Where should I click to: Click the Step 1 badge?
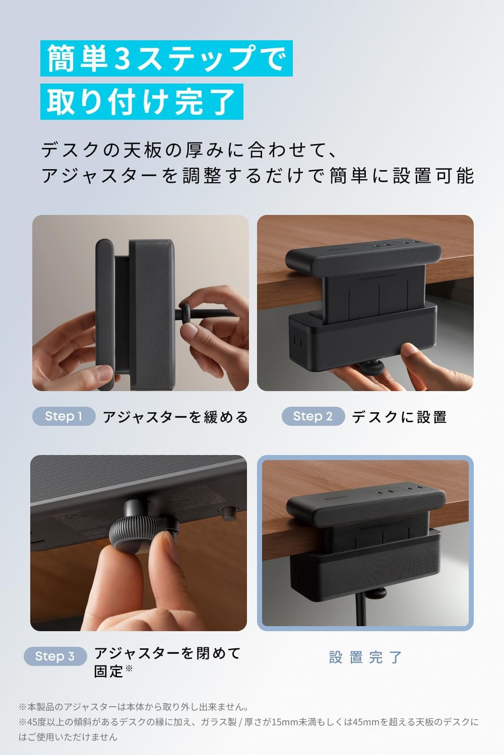click(x=64, y=416)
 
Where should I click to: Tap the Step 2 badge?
click(x=313, y=416)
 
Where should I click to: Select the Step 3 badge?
click(x=55, y=656)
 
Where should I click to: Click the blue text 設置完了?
click(x=365, y=657)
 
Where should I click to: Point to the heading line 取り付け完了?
click(x=142, y=102)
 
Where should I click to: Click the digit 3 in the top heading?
click(x=122, y=58)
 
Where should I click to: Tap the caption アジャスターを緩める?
click(x=175, y=417)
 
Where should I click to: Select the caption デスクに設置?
click(x=399, y=417)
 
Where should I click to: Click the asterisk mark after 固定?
click(x=129, y=667)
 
